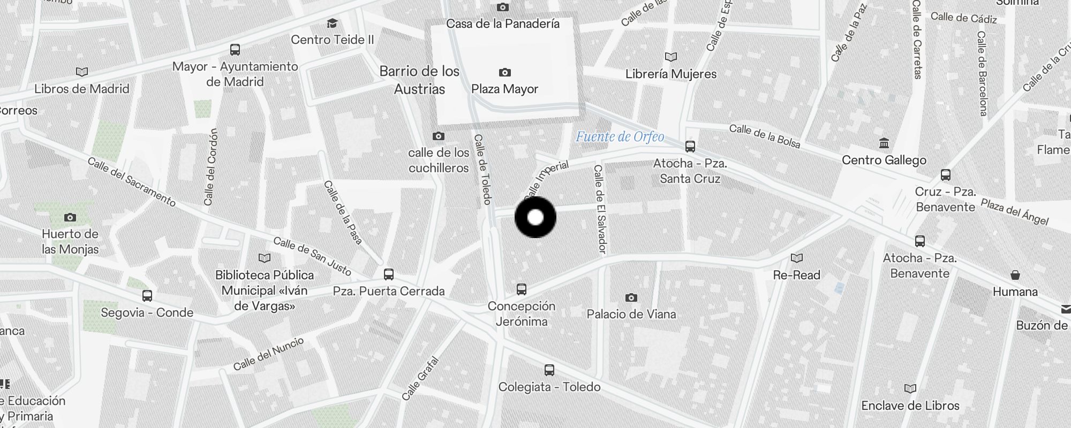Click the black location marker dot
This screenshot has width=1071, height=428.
tap(535, 217)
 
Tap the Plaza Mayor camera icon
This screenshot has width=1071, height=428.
tap(504, 72)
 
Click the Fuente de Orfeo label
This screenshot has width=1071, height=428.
tap(620, 137)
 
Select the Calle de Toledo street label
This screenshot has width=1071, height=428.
tap(482, 169)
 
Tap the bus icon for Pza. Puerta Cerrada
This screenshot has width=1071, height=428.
tap(389, 274)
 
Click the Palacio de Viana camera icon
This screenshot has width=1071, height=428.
tap(631, 297)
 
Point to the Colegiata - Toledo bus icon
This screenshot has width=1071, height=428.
tap(549, 370)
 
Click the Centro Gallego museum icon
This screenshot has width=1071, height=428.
tap(884, 143)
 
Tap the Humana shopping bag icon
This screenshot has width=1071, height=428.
tap(1015, 276)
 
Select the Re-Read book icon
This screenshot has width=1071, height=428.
tap(796, 258)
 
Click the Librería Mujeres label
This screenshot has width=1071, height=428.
tap(671, 74)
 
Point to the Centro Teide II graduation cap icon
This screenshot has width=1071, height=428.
tap(332, 23)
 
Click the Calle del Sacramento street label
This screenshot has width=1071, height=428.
tap(132, 182)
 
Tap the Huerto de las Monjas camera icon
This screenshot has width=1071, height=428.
tap(70, 217)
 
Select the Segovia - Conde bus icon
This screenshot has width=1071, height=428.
tap(147, 295)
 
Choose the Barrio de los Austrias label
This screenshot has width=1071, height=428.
tap(419, 80)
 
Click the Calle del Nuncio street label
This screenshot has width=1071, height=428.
tap(268, 354)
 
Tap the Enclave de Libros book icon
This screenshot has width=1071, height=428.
tap(910, 388)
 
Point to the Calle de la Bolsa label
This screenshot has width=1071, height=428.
tap(764, 136)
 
